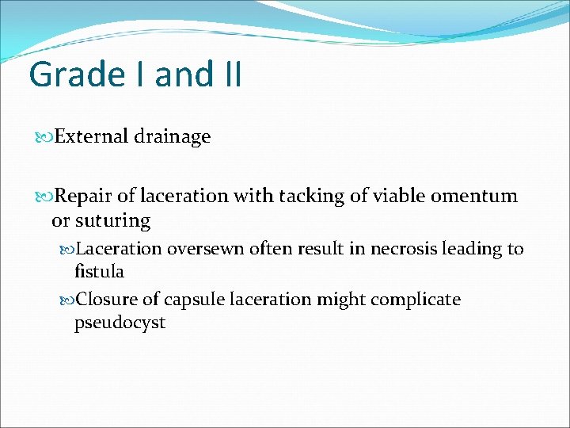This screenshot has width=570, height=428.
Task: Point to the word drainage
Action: [173, 137]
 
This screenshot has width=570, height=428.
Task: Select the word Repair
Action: [86, 197]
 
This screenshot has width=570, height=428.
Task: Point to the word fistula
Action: [99, 271]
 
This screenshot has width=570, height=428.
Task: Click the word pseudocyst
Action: [120, 323]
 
